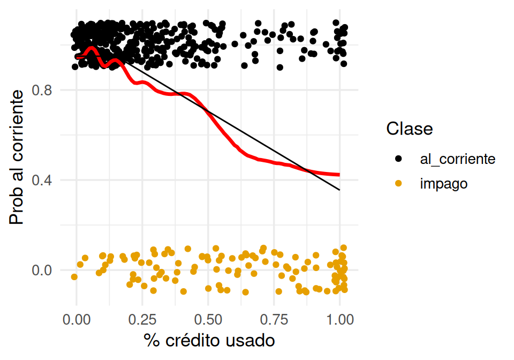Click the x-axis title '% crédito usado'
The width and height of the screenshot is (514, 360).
pyautogui.click(x=209, y=340)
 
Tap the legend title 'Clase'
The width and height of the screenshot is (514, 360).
pyautogui.click(x=410, y=129)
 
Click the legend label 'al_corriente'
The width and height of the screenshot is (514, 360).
pyautogui.click(x=458, y=159)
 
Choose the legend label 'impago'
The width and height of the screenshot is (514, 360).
pyautogui.click(x=444, y=184)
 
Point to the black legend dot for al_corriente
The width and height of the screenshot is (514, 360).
pyautogui.click(x=398, y=159)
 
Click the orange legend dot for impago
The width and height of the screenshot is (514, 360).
pyautogui.click(x=398, y=184)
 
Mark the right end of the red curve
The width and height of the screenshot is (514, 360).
pyautogui.click(x=339, y=174)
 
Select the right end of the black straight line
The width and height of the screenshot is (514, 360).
pyautogui.click(x=339, y=190)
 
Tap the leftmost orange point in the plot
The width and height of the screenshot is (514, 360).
pyautogui.click(x=74, y=277)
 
